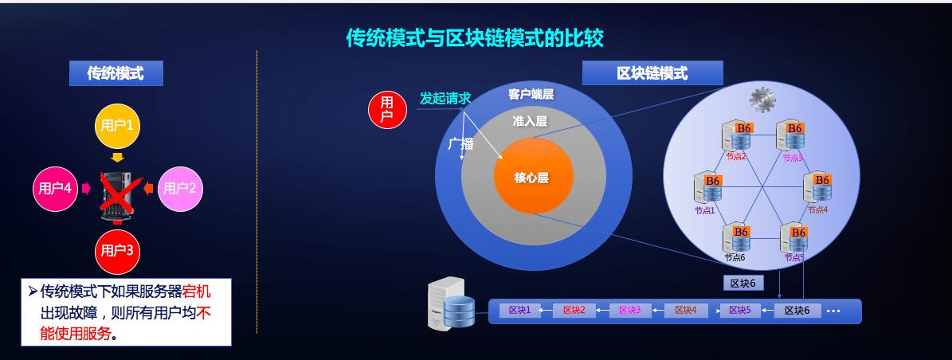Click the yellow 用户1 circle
click(117, 125)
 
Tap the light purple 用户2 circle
click(180, 189)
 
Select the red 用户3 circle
click(116, 250)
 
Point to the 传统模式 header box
click(116, 73)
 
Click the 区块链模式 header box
click(652, 73)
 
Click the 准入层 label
click(530, 121)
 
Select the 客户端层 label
click(531, 95)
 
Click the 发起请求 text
click(445, 99)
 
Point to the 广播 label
click(460, 144)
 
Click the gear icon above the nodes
click(762, 99)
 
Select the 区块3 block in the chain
click(629, 310)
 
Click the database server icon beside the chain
click(451, 302)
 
